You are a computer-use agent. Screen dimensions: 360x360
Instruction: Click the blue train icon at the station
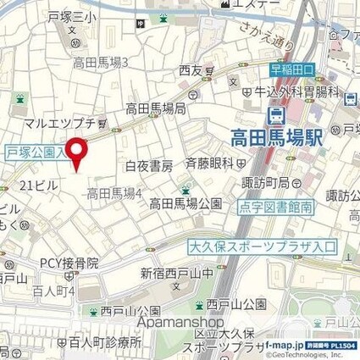pyautogui.click(x=276, y=115)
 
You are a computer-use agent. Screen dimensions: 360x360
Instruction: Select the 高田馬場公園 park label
pyautogui.click(x=186, y=203)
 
